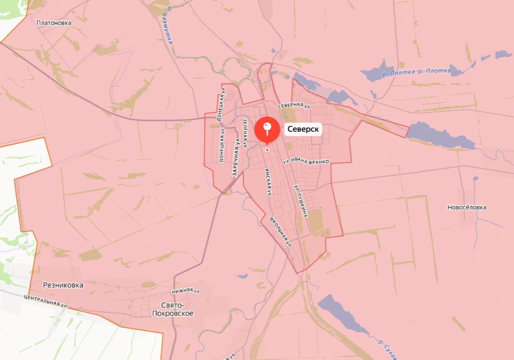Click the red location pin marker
pyautogui.click(x=267, y=129)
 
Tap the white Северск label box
pyautogui.click(x=303, y=130)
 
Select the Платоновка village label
pyautogui.click(x=54, y=23)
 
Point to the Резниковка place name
pyautogui.click(x=63, y=284)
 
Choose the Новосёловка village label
pyautogui.click(x=467, y=207)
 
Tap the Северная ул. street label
pyautogui.click(x=295, y=105)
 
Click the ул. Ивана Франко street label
pyautogui.click(x=306, y=161)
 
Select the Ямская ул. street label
pyautogui.click(x=267, y=182)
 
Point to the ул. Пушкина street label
pyautogui.click(x=300, y=201)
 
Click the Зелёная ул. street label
pyautogui.click(x=246, y=132)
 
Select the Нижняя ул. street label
pyautogui.click(x=186, y=291)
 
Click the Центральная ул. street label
pyautogui.click(x=46, y=301)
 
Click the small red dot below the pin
pyautogui.click(x=267, y=150)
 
